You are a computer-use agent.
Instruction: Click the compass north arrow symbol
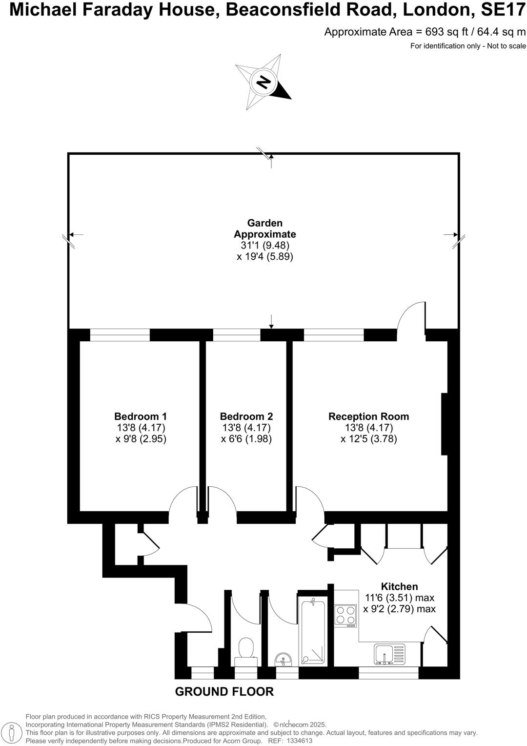click(264, 82)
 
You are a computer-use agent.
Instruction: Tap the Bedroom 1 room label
click(141, 416)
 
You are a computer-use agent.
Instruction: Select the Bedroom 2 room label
click(246, 416)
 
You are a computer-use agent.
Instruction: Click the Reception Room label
click(368, 416)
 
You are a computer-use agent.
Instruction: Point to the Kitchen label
click(399, 586)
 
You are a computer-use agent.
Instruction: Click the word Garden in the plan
click(264, 223)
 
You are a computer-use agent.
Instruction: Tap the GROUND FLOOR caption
click(224, 691)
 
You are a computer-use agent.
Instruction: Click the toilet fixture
click(246, 651)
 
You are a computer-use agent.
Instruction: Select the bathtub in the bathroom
click(312, 632)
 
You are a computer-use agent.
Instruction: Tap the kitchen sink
click(389, 654)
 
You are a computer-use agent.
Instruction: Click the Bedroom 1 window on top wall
click(120, 335)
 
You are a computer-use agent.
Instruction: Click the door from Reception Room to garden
click(411, 317)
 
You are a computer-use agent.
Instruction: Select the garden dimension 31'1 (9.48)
click(264, 246)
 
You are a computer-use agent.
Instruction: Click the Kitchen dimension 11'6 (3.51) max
click(399, 598)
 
